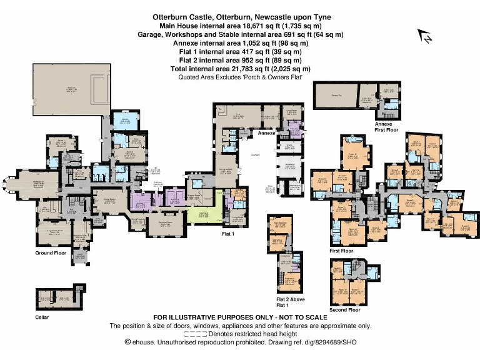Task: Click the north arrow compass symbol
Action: [426, 37]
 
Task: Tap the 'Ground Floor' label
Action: [52, 253]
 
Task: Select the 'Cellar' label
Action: [42, 317]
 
